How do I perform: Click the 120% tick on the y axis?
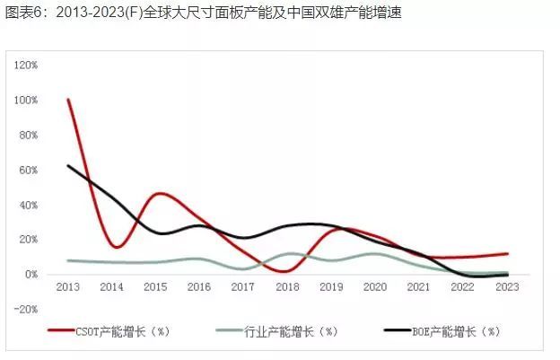tap(24, 66)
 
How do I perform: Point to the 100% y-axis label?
tap(24, 101)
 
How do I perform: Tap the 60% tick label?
tap(27, 170)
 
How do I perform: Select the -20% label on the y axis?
tap(25, 309)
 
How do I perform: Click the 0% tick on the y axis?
tap(31, 275)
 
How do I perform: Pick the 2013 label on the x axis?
tap(68, 287)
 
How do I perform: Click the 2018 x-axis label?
tap(286, 287)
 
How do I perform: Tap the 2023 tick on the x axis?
tap(507, 287)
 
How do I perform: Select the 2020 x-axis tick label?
tap(374, 287)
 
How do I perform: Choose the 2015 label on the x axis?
tap(155, 287)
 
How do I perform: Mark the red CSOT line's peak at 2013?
tap(68, 100)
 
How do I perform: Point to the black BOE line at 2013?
tap(68, 166)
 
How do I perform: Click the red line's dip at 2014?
tap(116, 247)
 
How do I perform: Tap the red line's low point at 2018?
tap(284, 270)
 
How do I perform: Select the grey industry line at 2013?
tap(68, 260)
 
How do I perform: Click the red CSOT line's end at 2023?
tap(507, 254)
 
